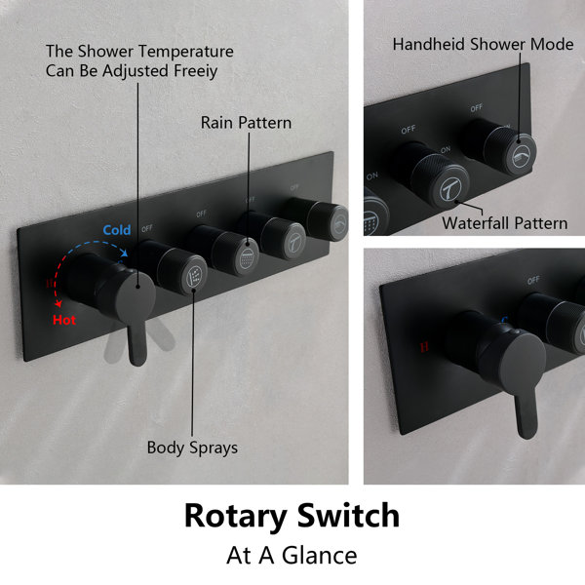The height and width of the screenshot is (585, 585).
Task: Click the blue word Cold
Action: tap(117, 230)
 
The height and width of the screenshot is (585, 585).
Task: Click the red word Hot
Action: tap(64, 320)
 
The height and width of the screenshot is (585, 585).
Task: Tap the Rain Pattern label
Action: tap(246, 123)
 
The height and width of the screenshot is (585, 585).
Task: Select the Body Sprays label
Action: tap(192, 448)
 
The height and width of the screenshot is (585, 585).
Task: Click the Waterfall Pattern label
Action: tap(504, 223)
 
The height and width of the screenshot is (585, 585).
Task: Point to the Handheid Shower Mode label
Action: tap(483, 44)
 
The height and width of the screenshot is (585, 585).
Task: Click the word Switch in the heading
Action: tap(348, 515)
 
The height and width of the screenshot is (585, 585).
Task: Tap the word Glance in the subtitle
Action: tap(320, 555)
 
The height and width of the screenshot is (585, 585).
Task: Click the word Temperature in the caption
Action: tap(184, 52)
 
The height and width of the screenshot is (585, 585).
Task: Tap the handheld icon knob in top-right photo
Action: tap(510, 150)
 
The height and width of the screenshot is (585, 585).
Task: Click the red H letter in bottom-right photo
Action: tap(424, 348)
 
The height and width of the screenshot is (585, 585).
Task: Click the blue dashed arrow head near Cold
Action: tap(124, 253)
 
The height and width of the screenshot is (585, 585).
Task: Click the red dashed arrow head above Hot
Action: tap(58, 303)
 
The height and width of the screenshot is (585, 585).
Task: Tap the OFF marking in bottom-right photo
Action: tap(533, 280)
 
